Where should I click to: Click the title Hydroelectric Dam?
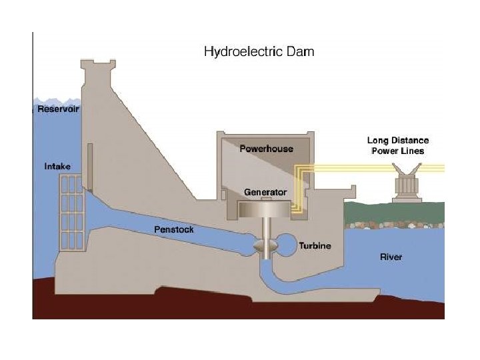tap(258, 51)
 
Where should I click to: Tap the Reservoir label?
tap(59, 109)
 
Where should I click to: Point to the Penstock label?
tap(174, 229)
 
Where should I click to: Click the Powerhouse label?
tap(266, 149)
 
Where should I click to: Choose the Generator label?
tap(265, 192)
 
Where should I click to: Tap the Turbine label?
tap(315, 245)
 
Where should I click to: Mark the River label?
tap(391, 257)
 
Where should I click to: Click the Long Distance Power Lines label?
tap(398, 145)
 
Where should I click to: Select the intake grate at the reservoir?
tap(71, 212)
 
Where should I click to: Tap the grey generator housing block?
tap(265, 208)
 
